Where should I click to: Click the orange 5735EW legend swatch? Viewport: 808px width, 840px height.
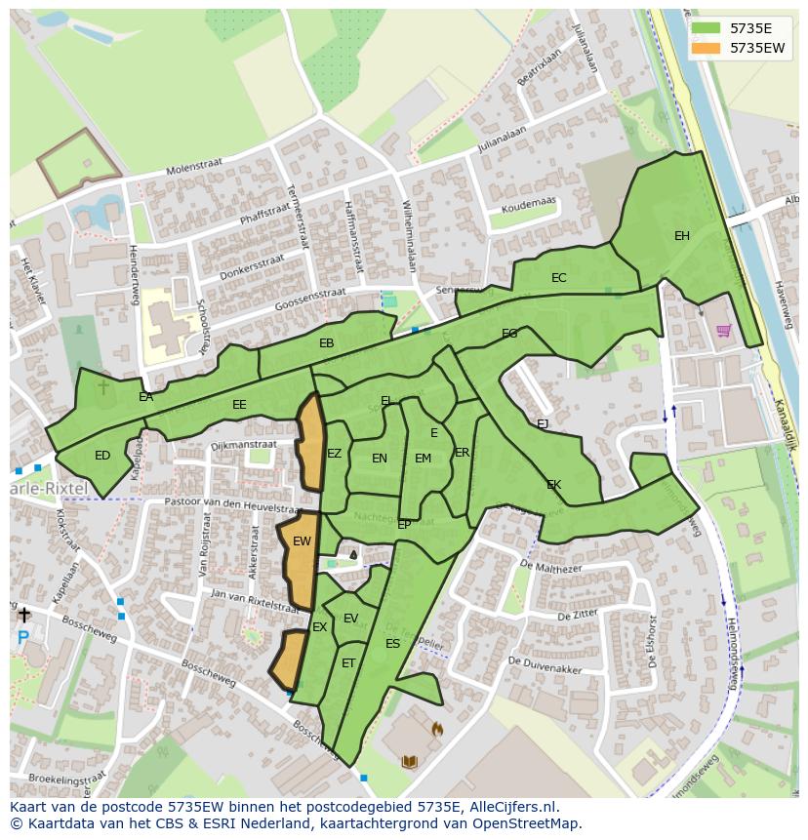(x=706, y=47)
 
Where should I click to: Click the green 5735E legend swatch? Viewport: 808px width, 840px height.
(x=706, y=27)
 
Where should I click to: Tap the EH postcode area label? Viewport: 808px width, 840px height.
(x=681, y=236)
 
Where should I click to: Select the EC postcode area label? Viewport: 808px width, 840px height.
(x=558, y=278)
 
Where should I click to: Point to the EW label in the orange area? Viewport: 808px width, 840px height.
(x=302, y=541)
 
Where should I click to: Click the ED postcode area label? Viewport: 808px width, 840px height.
(x=102, y=456)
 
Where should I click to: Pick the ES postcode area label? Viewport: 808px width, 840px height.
(x=392, y=644)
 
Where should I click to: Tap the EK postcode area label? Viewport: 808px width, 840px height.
(x=553, y=485)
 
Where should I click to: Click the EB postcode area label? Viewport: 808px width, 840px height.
(x=327, y=343)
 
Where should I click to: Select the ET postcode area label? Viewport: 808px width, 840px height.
(x=348, y=663)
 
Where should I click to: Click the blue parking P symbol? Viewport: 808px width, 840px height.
(x=22, y=638)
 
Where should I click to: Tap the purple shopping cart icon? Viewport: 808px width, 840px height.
(x=723, y=331)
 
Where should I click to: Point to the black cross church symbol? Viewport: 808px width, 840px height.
(x=23, y=615)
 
